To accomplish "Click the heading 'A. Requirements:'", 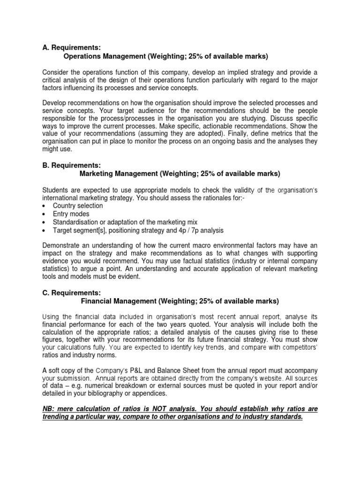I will coord(71,47).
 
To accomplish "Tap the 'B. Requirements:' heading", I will coord(71,165).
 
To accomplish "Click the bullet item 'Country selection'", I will coord(78,205).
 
